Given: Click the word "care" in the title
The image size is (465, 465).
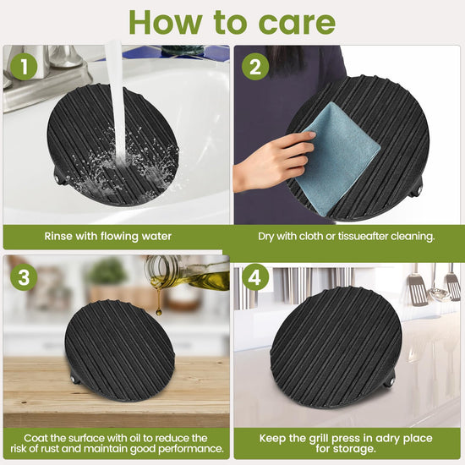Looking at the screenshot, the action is tap(297, 23).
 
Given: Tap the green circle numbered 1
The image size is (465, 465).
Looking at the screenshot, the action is tap(24, 67).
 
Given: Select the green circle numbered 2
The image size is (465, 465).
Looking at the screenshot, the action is tap(255, 67).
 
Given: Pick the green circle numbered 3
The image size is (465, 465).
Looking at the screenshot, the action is tap(24, 277).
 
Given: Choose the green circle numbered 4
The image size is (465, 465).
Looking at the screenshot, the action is tap(255, 277).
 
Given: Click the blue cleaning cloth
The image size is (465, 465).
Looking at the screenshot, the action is tap(338, 159).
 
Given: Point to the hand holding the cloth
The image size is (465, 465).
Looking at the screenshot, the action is tap(274, 161).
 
